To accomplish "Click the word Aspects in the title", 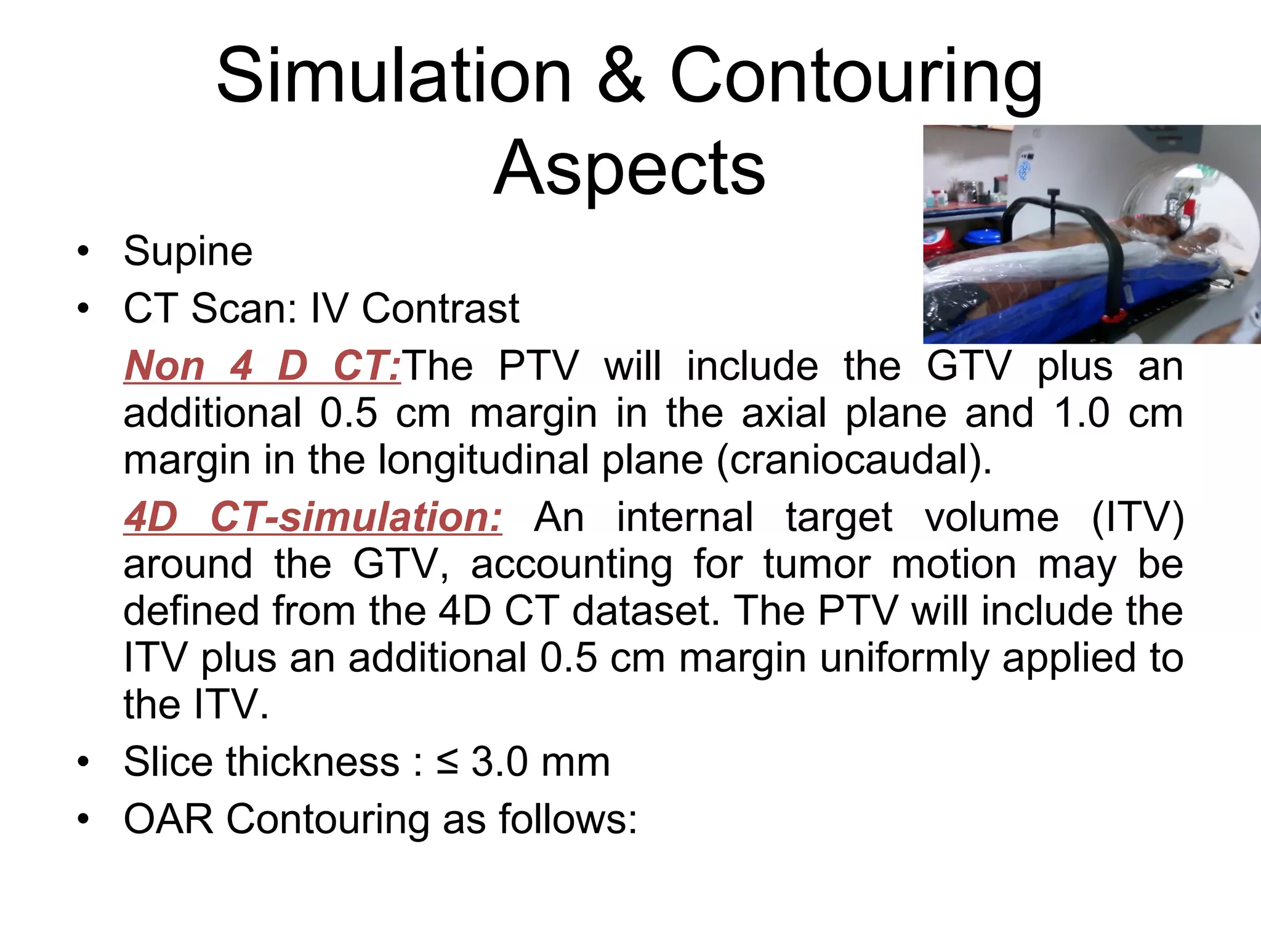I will click(629, 168).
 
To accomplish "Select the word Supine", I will click(188, 251).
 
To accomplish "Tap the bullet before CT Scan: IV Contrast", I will click(83, 309).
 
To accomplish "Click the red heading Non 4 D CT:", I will click(262, 366).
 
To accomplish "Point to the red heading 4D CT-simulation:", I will click(313, 517).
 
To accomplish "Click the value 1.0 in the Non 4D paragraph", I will click(1082, 413).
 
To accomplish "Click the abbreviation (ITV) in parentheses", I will click(1137, 517).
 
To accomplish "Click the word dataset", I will click(645, 610).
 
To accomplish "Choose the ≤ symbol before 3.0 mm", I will click(447, 762).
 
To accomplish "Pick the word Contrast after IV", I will click(440, 309).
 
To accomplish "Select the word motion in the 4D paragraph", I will click(953, 564).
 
